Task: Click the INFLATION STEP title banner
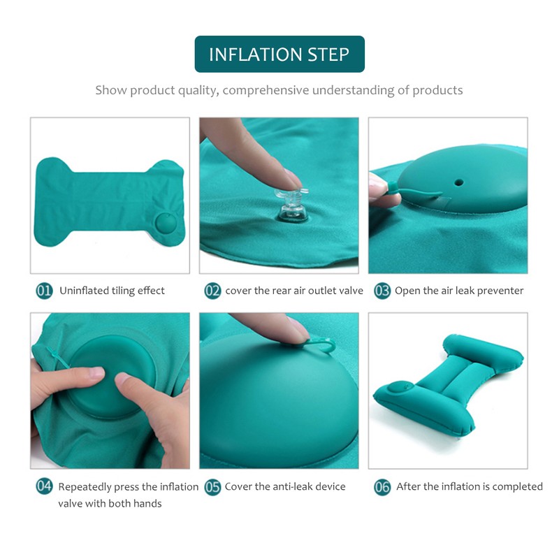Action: [x=279, y=55]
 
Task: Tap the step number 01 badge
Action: [x=44, y=291]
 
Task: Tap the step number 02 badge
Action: [x=212, y=291]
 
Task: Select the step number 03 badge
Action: [x=382, y=291]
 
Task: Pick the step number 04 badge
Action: [x=44, y=487]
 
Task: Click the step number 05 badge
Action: [x=212, y=487]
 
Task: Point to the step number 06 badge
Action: [x=382, y=487]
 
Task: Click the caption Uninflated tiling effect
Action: [x=112, y=291]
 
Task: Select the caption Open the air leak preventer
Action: [x=459, y=291]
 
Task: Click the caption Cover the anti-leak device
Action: [x=285, y=487]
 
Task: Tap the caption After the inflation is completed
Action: [x=470, y=487]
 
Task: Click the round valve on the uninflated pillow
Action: [x=166, y=224]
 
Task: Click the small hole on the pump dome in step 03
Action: [x=458, y=181]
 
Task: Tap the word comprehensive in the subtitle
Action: [x=266, y=90]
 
